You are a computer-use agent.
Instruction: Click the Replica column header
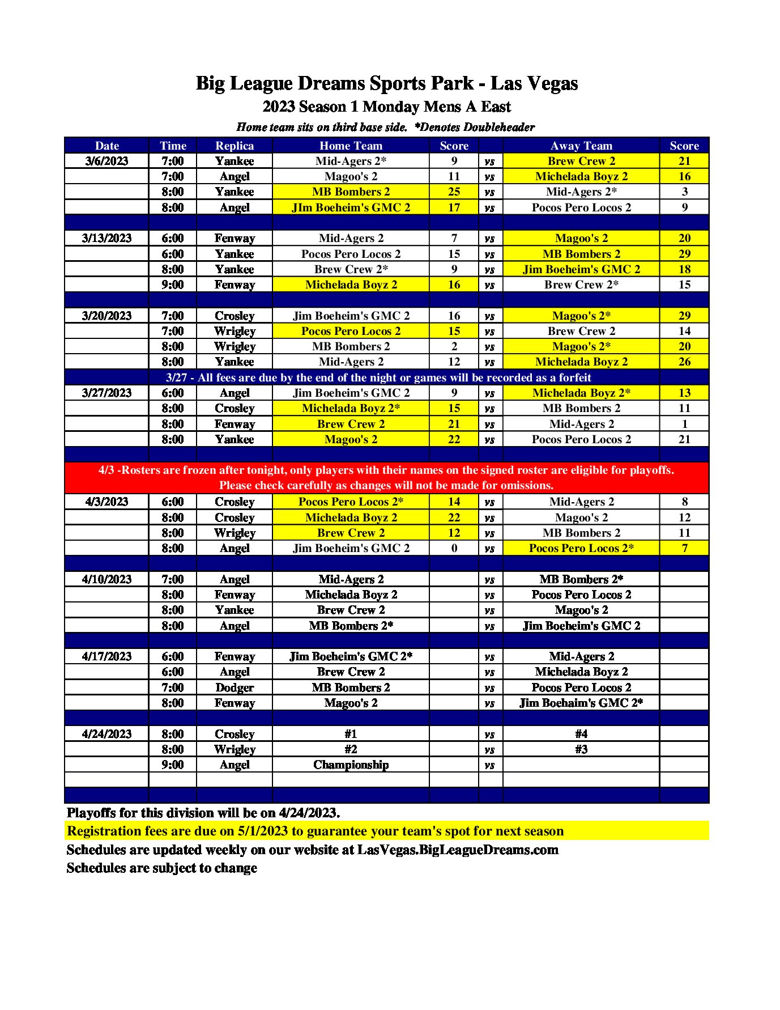click(235, 146)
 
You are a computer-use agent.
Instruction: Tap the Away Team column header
click(581, 146)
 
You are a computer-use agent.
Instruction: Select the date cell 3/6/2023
click(106, 161)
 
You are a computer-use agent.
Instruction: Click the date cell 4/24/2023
click(106, 734)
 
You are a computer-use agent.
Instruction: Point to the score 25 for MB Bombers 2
click(454, 192)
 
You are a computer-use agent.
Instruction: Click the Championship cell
click(351, 765)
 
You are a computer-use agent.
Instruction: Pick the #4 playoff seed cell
click(581, 734)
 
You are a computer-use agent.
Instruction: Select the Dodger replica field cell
click(235, 688)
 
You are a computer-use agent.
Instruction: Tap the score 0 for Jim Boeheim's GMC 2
click(454, 548)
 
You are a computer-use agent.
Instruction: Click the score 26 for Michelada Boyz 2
click(684, 362)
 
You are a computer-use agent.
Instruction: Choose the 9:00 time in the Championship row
click(172, 765)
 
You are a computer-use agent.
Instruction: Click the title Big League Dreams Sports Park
click(387, 83)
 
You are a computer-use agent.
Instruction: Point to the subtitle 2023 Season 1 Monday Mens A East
click(387, 107)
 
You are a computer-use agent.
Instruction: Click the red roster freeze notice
click(386, 477)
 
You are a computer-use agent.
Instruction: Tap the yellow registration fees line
click(315, 831)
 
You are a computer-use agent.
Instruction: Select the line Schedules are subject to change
click(162, 868)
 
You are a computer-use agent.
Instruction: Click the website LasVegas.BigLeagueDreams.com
click(458, 850)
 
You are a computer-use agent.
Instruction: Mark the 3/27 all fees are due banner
click(378, 377)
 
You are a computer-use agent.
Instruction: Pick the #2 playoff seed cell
click(351, 749)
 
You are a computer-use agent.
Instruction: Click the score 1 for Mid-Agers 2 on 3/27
click(684, 424)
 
